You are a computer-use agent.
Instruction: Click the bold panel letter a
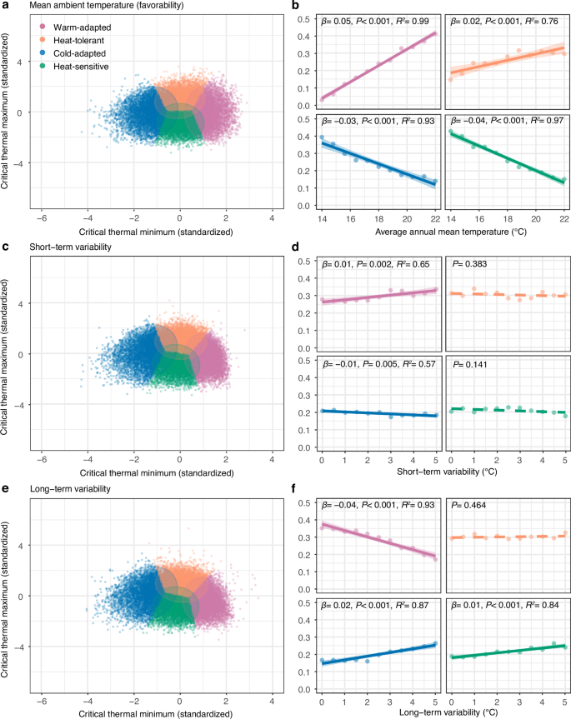(6, 7)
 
